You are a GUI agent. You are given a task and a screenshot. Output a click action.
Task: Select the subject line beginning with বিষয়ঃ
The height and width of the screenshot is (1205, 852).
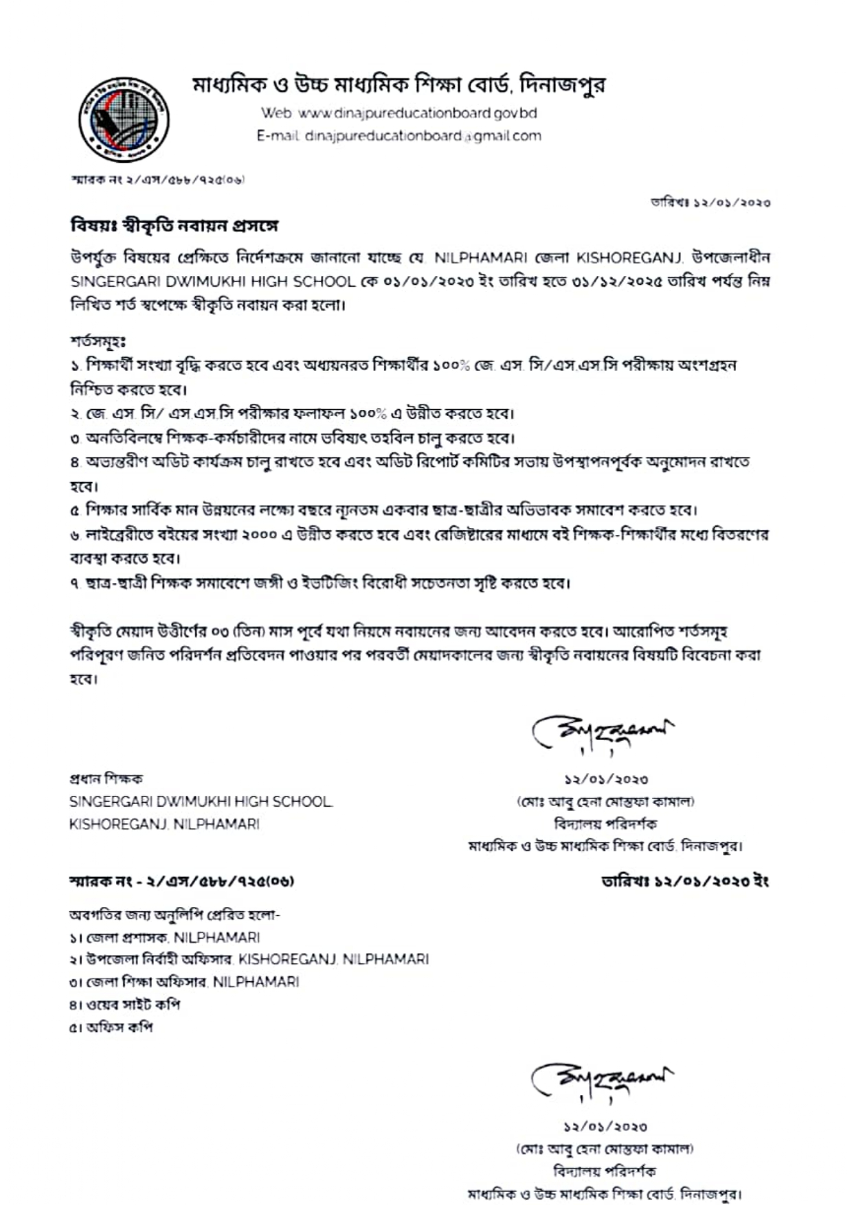(175, 225)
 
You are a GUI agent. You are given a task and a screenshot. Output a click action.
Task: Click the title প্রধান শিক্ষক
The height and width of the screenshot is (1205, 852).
(106, 779)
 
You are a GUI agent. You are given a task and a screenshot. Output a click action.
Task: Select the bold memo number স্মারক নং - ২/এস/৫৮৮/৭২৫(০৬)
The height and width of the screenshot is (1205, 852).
(181, 881)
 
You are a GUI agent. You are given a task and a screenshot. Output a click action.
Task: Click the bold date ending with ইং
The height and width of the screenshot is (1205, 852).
(685, 881)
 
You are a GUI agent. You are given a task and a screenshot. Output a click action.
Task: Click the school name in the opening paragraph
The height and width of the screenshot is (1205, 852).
(214, 282)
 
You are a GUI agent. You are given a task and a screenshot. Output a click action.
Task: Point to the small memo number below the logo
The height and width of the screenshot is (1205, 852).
(157, 180)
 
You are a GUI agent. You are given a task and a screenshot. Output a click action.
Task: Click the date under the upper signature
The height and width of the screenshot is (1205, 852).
(606, 779)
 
